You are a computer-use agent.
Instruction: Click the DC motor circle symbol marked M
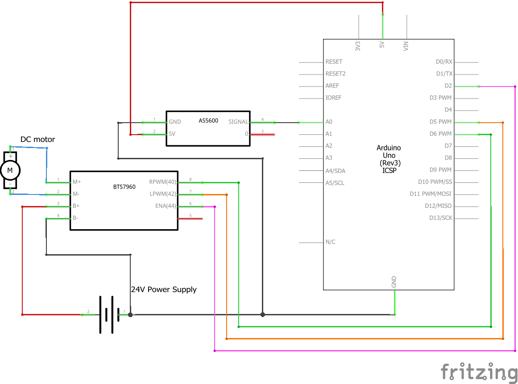[x=10, y=170]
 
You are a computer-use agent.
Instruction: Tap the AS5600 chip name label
[x=208, y=120]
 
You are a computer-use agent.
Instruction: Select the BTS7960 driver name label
[x=124, y=186]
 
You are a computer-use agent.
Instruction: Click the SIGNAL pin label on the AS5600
[x=238, y=122]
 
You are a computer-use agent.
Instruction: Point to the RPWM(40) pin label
[x=162, y=182]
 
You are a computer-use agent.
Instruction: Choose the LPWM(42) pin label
[x=163, y=194]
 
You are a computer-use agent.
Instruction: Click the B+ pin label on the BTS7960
[x=76, y=206]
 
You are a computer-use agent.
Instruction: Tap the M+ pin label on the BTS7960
[x=77, y=182]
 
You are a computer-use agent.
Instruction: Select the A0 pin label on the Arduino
[x=329, y=122]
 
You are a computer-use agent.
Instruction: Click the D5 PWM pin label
[x=441, y=122]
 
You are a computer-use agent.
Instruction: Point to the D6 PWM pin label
[x=441, y=134]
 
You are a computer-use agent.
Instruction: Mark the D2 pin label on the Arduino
[x=448, y=86]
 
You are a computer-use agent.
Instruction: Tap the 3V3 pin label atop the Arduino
[x=358, y=46]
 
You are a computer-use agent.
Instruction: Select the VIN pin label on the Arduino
[x=406, y=46]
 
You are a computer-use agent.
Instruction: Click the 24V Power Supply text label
[x=164, y=289]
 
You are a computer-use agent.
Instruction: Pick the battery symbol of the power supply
[x=107, y=315]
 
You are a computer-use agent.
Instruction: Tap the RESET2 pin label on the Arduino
[x=336, y=74]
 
